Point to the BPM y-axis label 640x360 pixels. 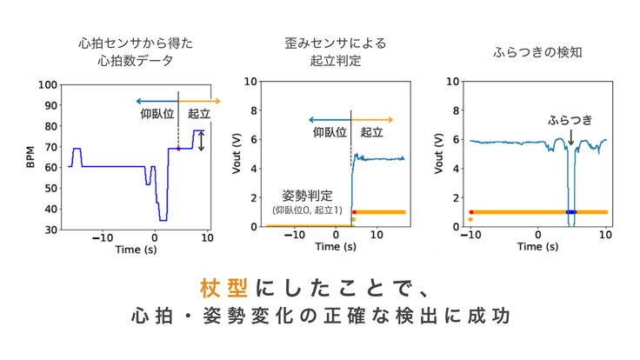[x=30, y=157]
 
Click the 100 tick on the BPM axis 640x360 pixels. [x=48, y=85]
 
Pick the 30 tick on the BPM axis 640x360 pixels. [x=50, y=230]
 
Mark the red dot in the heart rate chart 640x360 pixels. [x=178, y=149]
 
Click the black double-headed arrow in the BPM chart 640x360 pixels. [x=202, y=140]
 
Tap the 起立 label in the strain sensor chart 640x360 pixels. [x=371, y=132]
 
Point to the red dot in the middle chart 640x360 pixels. [x=354, y=212]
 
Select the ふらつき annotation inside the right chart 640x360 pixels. [x=570, y=120]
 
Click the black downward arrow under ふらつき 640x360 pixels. [x=570, y=137]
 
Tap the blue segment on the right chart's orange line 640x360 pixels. [x=570, y=212]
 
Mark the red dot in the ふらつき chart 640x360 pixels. [x=470, y=212]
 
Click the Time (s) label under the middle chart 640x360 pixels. [x=336, y=247]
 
